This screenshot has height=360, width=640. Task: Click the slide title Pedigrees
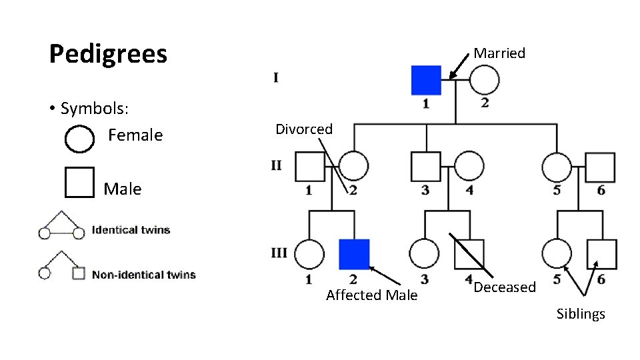[x=108, y=54]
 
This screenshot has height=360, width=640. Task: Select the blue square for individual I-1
[x=426, y=80]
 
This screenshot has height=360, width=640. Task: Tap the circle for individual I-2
[x=484, y=80]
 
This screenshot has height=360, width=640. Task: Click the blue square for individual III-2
[x=354, y=254]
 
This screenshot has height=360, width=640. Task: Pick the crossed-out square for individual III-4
[x=469, y=254]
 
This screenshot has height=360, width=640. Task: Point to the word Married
[x=499, y=53]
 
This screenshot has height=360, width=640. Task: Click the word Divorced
[x=304, y=129]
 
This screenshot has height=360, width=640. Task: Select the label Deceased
[x=505, y=287]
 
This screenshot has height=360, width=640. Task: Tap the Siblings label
[x=581, y=314]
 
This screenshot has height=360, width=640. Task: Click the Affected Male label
[x=371, y=295]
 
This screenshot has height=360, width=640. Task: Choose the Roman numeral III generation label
[x=279, y=253]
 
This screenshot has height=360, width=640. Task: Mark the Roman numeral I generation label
[x=276, y=78]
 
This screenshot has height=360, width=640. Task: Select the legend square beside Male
[x=79, y=182]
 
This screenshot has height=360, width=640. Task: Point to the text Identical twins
[x=131, y=230]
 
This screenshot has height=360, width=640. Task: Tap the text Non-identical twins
[x=143, y=274]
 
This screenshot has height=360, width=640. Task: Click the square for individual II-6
[x=600, y=167]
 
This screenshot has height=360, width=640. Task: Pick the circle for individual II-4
[x=469, y=167]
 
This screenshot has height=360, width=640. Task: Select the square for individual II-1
[x=310, y=167]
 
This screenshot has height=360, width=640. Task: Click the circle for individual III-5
[x=557, y=254]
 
